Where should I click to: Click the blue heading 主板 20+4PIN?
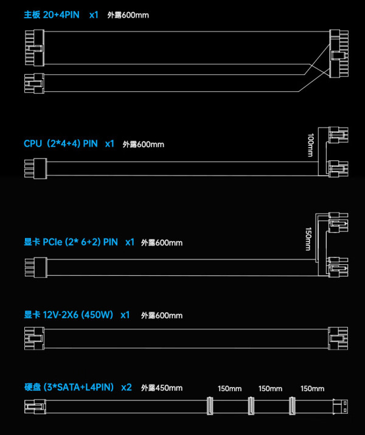[52, 15]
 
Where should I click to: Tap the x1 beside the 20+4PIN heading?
[94, 15]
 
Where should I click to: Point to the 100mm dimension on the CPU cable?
[311, 145]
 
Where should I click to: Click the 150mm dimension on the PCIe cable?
[308, 239]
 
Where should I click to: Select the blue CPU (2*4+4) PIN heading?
[61, 144]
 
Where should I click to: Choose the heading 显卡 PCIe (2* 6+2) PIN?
[71, 242]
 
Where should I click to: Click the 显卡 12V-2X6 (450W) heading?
[69, 315]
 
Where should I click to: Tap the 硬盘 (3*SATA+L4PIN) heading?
[69, 387]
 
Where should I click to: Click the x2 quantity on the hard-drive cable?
[127, 387]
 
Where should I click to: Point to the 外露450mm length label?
[162, 388]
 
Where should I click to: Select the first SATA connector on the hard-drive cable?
[210, 406]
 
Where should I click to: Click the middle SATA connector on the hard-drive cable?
[251, 406]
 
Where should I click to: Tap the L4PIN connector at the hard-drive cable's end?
[340, 406]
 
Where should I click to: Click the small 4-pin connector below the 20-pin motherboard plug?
[34, 83]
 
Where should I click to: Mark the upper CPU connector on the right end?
[338, 135]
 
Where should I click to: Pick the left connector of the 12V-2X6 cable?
[34, 338]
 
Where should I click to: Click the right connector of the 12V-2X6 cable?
[338, 338]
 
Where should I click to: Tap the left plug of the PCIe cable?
[36, 267]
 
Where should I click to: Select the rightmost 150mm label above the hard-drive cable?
[312, 388]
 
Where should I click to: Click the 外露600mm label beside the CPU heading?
[144, 144]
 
